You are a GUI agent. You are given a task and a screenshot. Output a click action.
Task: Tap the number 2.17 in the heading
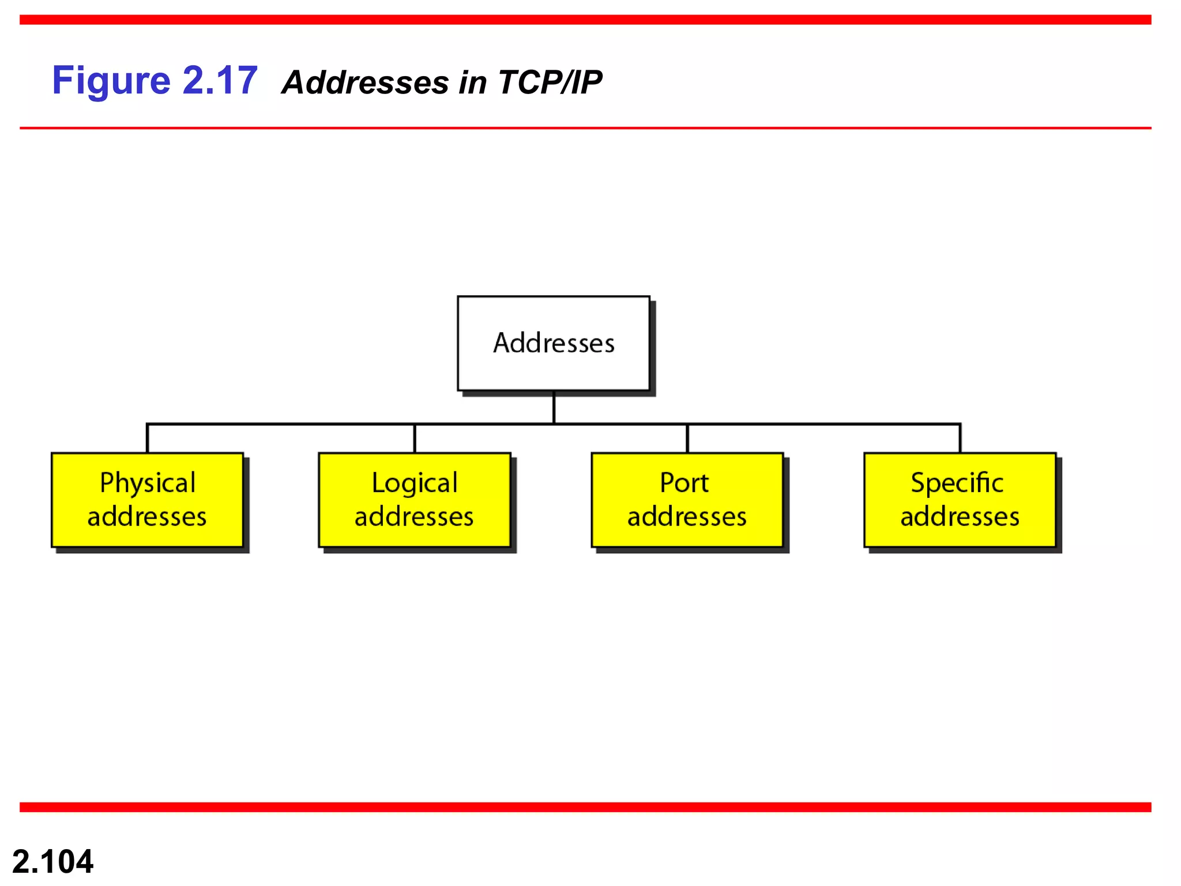click(x=220, y=81)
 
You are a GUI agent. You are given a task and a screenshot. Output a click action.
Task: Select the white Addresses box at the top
click(x=553, y=343)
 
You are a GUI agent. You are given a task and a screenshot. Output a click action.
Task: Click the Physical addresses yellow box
click(x=147, y=500)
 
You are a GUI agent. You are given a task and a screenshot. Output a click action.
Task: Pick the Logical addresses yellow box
click(x=414, y=500)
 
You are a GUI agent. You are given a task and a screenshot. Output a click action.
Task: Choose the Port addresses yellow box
click(x=687, y=500)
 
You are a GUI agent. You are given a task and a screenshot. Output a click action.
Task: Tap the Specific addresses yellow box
click(x=960, y=500)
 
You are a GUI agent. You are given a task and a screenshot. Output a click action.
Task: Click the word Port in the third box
click(x=684, y=483)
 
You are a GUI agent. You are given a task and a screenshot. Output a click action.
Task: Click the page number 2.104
click(x=52, y=862)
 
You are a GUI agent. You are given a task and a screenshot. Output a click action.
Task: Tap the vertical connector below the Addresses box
click(x=554, y=407)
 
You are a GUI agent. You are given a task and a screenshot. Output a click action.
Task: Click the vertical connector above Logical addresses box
click(x=415, y=438)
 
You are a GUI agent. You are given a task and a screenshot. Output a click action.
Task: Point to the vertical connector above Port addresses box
click(x=687, y=438)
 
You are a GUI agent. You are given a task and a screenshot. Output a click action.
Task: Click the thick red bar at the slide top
click(x=585, y=20)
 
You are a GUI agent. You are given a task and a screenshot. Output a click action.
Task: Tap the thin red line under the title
click(x=585, y=128)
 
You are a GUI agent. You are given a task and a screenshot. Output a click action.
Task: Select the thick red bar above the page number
click(x=585, y=807)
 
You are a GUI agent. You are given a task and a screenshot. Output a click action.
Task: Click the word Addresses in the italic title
click(x=365, y=82)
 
